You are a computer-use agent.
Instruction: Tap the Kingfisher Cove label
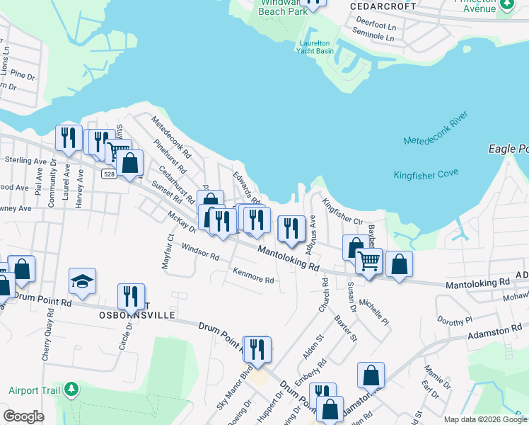[426, 174]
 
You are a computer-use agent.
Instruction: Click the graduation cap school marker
[83, 281]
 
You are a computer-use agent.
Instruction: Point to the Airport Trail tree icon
[71, 389]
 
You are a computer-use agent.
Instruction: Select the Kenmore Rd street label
[253, 276]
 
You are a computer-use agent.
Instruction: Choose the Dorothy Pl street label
[455, 320]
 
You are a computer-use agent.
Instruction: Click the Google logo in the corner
[23, 416]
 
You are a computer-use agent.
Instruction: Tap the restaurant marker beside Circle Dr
[131, 295]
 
